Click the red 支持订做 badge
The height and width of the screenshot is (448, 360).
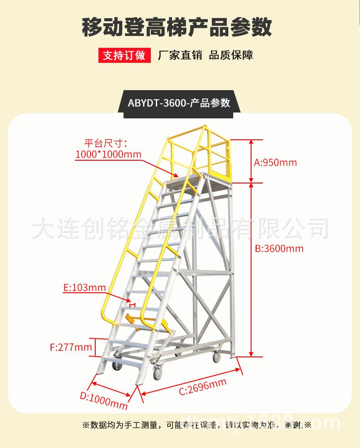(x=124, y=55)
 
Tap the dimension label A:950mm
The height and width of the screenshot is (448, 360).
(x=275, y=163)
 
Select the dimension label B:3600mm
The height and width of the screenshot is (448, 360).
(x=279, y=249)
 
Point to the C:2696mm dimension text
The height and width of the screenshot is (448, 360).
(x=203, y=387)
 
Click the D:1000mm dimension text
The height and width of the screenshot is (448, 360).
(x=103, y=401)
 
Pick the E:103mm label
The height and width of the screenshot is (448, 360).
(x=85, y=287)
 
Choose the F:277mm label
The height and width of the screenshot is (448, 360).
(x=71, y=347)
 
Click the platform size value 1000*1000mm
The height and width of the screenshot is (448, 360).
(x=108, y=154)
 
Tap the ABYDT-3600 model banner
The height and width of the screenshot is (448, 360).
(x=179, y=103)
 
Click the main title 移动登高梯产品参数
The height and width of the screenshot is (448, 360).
(x=177, y=27)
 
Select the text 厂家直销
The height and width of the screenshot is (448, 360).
(x=180, y=55)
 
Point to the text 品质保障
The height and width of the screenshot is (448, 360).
(x=231, y=55)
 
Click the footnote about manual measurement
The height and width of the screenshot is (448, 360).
(x=197, y=425)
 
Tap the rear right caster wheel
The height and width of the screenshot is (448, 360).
(x=217, y=357)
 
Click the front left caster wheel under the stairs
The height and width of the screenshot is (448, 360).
(x=117, y=366)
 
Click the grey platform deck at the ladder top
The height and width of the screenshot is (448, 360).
(x=186, y=181)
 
